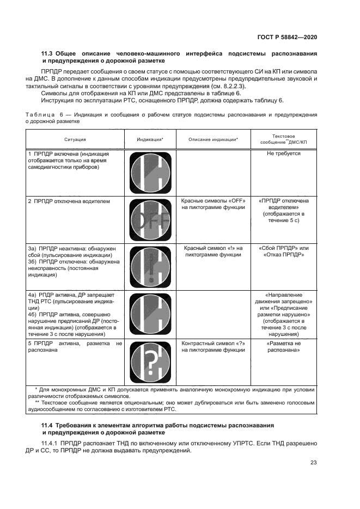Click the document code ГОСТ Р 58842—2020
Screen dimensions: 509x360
[x=288, y=36]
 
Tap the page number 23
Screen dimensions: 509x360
[x=313, y=463]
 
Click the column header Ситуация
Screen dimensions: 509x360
[x=75, y=139]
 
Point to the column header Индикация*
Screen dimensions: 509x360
[x=150, y=139]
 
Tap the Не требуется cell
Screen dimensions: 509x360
[x=283, y=154]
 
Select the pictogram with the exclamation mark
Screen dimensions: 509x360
[x=149, y=267]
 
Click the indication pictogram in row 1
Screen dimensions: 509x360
[x=149, y=173]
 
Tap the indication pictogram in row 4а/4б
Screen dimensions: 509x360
[x=149, y=314]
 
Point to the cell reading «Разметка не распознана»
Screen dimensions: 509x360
[x=283, y=347]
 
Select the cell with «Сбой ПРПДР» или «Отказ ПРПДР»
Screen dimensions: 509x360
[x=283, y=251]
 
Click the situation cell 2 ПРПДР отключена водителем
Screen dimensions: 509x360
[x=69, y=201]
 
